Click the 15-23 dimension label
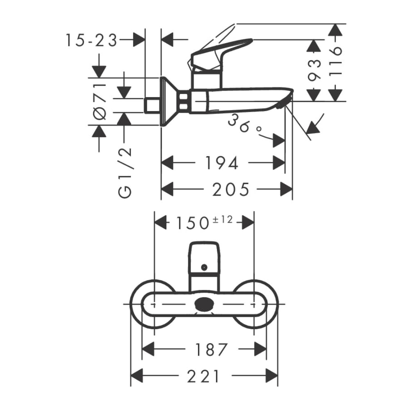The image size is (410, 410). (x=91, y=41)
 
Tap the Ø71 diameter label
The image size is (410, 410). (x=100, y=101)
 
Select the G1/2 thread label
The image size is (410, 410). (x=125, y=173)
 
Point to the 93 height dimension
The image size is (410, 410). (x=314, y=70)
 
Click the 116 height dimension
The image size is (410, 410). (x=335, y=62)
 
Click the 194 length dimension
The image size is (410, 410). (x=222, y=163)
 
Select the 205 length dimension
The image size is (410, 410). (x=230, y=189)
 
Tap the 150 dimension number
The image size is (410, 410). (x=192, y=223)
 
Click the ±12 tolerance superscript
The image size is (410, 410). (x=223, y=220)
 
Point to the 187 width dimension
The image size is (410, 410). (x=212, y=350)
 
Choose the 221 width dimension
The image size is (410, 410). (x=203, y=377)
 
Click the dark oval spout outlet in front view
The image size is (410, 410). (x=205, y=305)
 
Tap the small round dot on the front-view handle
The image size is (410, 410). (x=204, y=267)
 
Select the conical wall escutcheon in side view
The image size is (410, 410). (x=170, y=101)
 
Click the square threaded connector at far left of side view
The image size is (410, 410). (x=152, y=106)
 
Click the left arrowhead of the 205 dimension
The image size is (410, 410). (x=167, y=189)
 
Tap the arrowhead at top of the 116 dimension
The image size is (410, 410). (x=335, y=30)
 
